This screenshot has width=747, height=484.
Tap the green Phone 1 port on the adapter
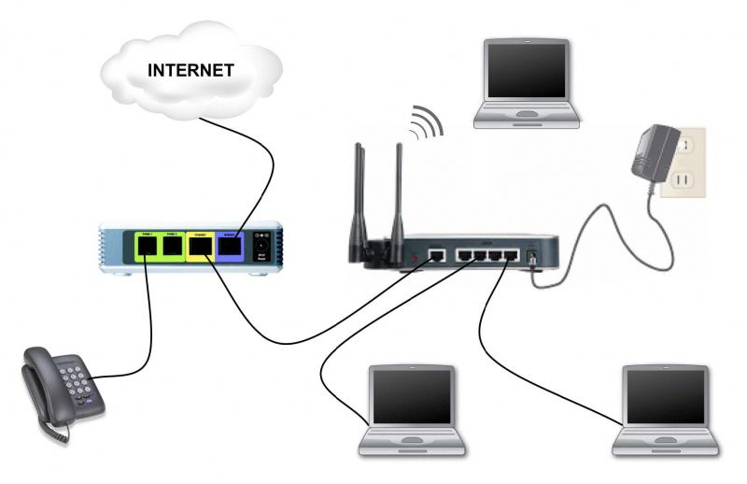[x=148, y=247]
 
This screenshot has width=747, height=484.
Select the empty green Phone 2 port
[x=174, y=247]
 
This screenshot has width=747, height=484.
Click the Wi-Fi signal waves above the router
[x=425, y=121]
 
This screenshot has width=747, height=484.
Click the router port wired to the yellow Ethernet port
[x=435, y=253]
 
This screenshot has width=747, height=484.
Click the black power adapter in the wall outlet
[x=653, y=155]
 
